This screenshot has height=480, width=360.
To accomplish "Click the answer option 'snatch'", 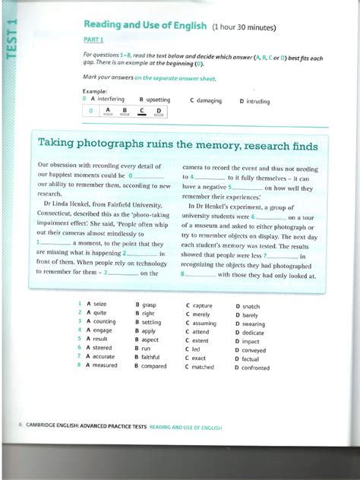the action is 251,306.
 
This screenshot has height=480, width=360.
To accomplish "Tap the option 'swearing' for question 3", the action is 254,324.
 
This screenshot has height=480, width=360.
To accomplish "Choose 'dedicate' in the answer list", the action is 254,333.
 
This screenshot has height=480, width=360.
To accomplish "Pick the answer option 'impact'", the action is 251,342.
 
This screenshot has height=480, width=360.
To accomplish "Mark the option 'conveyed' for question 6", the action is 254,350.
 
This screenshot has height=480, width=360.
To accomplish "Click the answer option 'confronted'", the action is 256,368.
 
